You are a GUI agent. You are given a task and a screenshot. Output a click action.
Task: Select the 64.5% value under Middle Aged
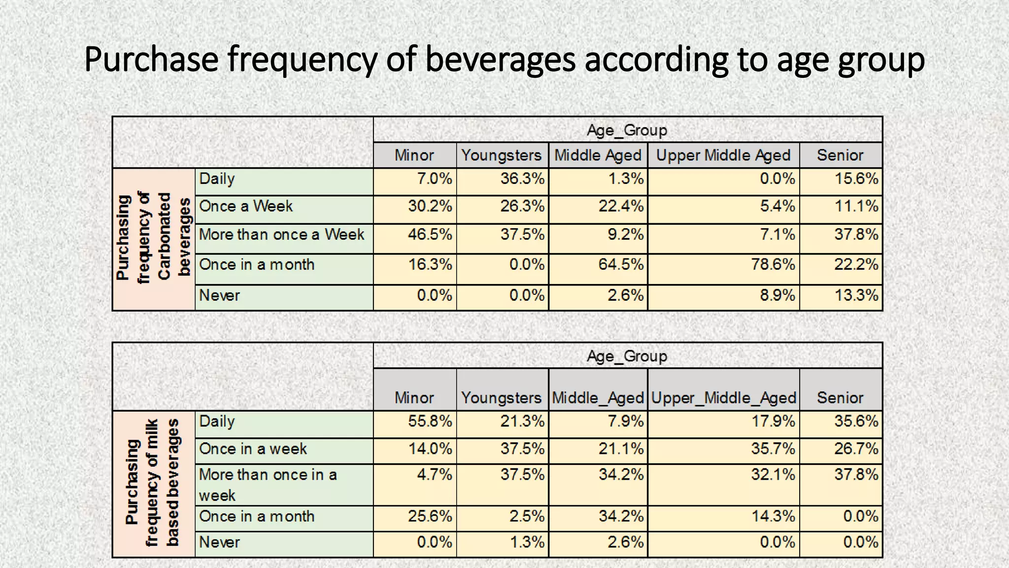click(621, 265)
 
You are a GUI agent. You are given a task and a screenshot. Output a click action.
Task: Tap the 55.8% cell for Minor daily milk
click(430, 422)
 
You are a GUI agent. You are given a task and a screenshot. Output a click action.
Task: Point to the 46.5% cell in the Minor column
click(430, 234)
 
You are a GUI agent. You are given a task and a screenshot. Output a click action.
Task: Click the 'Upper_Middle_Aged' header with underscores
click(723, 397)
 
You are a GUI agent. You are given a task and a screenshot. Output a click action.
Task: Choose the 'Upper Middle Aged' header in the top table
click(723, 155)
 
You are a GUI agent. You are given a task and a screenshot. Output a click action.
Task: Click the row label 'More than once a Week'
click(281, 234)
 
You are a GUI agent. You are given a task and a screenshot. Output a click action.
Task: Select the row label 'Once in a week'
click(253, 449)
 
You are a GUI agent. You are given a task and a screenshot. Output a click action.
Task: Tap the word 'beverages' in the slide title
click(500, 59)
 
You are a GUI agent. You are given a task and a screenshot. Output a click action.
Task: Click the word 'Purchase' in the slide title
click(151, 59)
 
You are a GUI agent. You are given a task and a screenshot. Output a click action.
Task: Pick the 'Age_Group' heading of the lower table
click(627, 356)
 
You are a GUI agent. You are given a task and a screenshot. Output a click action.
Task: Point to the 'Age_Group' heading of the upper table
click(627, 130)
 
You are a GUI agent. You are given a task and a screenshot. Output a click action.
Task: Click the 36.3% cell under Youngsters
click(522, 178)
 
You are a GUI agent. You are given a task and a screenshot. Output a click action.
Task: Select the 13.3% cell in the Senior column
click(856, 295)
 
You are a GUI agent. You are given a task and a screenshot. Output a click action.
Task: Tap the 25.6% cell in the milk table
click(430, 516)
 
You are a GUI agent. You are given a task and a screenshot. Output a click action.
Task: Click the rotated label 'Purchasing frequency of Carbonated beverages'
click(153, 238)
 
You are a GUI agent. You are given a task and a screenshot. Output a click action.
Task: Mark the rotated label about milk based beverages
click(153, 483)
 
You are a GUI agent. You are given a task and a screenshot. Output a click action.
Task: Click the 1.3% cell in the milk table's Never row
click(527, 542)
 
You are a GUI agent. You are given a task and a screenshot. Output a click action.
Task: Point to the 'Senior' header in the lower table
click(840, 397)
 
